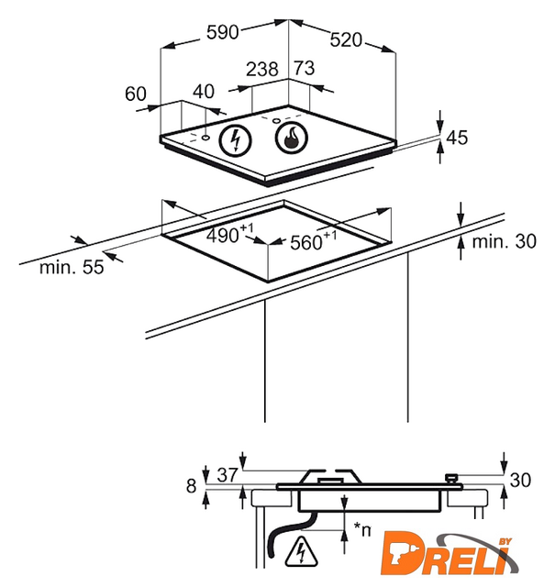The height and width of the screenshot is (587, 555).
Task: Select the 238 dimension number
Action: click(262, 69)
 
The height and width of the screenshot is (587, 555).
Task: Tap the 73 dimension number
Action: click(304, 69)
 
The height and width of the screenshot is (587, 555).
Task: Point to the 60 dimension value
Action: click(136, 93)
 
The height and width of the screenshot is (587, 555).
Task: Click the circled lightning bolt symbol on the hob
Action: click(238, 139)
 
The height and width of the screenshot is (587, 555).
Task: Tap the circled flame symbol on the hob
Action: click(292, 139)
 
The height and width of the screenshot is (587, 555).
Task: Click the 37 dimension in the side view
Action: click(228, 474)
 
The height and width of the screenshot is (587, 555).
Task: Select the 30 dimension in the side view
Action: click(520, 481)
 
